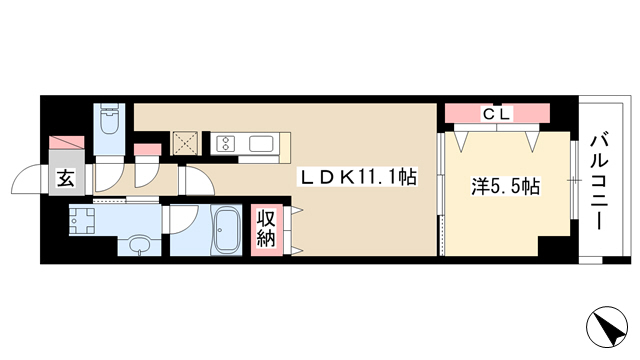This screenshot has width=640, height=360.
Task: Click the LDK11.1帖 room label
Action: point(358,178)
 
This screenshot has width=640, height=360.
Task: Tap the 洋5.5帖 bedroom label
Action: point(505,187)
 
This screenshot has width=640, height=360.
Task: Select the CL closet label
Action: point(497,114)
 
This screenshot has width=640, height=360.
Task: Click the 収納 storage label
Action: point(266,230)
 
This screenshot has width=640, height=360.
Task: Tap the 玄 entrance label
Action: point(66,179)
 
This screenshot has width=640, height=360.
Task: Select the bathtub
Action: point(226,230)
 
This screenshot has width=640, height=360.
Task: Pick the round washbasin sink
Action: point(140,246)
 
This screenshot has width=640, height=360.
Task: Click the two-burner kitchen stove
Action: point(226,144)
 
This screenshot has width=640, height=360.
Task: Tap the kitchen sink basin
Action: point(261,144)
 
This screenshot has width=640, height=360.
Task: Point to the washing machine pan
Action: point(82,221)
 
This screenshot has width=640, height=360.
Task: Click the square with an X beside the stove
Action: point(186,144)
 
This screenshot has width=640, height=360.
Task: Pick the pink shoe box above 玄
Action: point(67,143)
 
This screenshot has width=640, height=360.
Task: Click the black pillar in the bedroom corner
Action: point(554,246)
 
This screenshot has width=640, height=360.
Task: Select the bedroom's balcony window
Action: point(574,180)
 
